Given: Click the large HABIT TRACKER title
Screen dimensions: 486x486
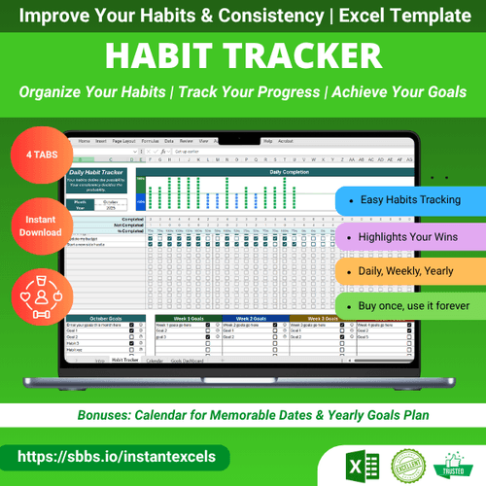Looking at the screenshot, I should (x=243, y=56).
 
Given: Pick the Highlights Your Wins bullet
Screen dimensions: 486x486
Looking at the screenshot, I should (x=408, y=236).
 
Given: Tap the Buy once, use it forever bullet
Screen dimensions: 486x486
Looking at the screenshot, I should (x=408, y=306).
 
